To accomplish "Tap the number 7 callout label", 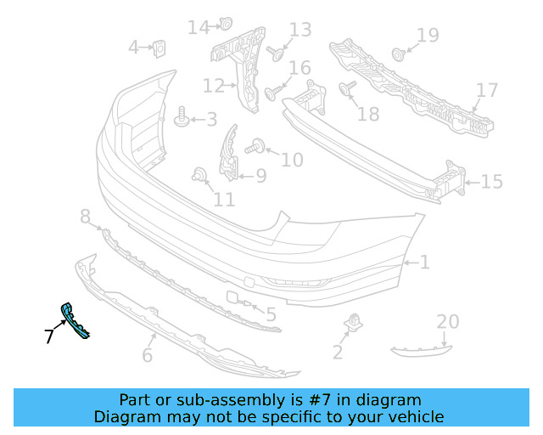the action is coord(48,336).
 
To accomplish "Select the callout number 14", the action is coord(198,27).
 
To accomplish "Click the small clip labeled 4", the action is coord(159,48).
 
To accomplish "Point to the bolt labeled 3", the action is coord(181,119).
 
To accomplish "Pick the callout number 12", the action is coord(212,85).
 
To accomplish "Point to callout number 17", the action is coord(486,90).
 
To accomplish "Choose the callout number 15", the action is coord(491,181).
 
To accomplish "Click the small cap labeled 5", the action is coord(232,298).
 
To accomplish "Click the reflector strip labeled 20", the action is coord(422,348).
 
